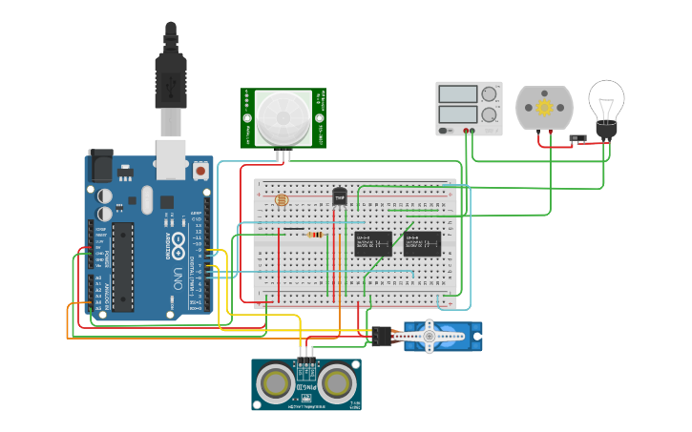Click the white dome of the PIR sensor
(283, 117)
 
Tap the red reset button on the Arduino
(200, 171)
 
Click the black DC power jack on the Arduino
(100, 167)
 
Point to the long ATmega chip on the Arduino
(122, 267)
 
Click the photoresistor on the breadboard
(281, 200)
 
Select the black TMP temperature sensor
(339, 195)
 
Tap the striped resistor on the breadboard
(314, 231)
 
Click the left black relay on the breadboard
(373, 243)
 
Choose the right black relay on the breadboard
(422, 243)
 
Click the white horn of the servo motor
(430, 335)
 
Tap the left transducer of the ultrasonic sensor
(277, 383)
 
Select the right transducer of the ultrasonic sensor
(336, 383)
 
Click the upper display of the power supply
(457, 94)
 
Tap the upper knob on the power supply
(489, 94)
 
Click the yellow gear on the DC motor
(544, 108)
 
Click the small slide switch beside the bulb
(577, 138)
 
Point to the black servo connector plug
(383, 336)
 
